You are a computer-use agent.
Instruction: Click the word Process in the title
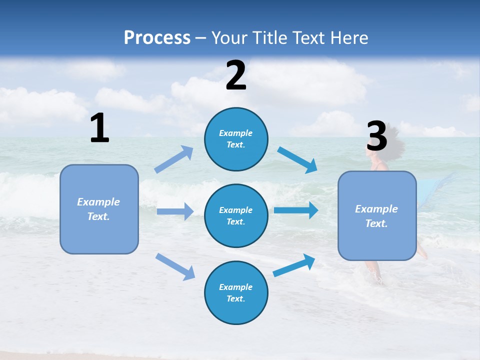(x=157, y=38)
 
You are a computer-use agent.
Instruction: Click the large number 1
(x=99, y=128)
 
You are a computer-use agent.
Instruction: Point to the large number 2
(x=236, y=75)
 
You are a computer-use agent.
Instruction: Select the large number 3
(x=376, y=136)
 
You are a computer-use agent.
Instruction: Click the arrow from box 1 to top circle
(x=174, y=159)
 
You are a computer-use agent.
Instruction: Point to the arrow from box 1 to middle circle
(x=175, y=211)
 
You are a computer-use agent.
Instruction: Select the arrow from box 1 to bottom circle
(x=175, y=266)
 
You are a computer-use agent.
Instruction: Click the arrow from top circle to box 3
(x=297, y=160)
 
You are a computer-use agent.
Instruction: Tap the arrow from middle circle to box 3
(x=296, y=210)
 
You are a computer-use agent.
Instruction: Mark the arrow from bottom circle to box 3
(x=294, y=265)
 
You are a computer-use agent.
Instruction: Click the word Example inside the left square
(x=98, y=202)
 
